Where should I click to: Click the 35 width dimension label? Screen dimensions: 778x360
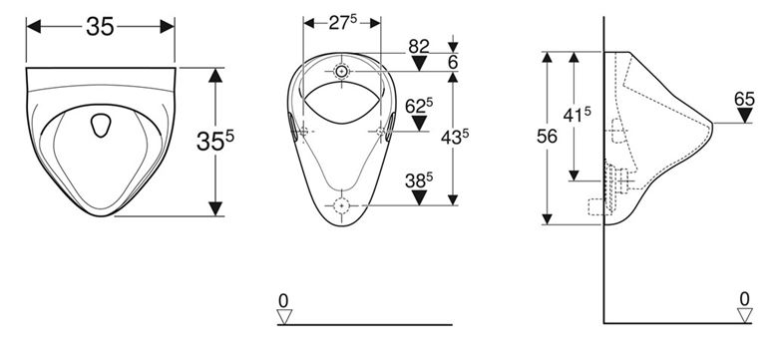(100, 26)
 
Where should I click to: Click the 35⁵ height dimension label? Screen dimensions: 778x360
(214, 142)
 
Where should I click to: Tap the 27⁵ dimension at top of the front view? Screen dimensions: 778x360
(342, 23)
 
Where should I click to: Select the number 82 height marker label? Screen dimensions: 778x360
(419, 47)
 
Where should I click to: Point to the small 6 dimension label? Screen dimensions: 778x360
(453, 63)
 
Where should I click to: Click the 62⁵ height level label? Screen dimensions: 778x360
(419, 106)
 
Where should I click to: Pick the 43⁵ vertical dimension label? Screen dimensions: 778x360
(455, 138)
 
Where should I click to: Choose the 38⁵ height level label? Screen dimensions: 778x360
(419, 180)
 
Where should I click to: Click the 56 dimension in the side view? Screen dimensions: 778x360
(547, 137)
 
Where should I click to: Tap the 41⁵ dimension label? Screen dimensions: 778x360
(578, 115)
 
